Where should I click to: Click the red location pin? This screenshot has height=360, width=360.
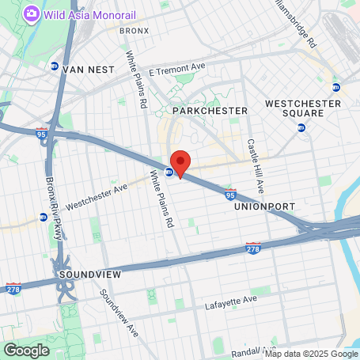[180, 163]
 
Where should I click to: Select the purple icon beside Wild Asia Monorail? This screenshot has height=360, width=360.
[31, 13]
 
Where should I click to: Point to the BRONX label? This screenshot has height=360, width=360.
[134, 31]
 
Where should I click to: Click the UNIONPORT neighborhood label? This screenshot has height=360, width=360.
[264, 207]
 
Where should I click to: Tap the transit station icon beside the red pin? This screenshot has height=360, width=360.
[169, 172]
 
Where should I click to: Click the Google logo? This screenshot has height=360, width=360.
[26, 350]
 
